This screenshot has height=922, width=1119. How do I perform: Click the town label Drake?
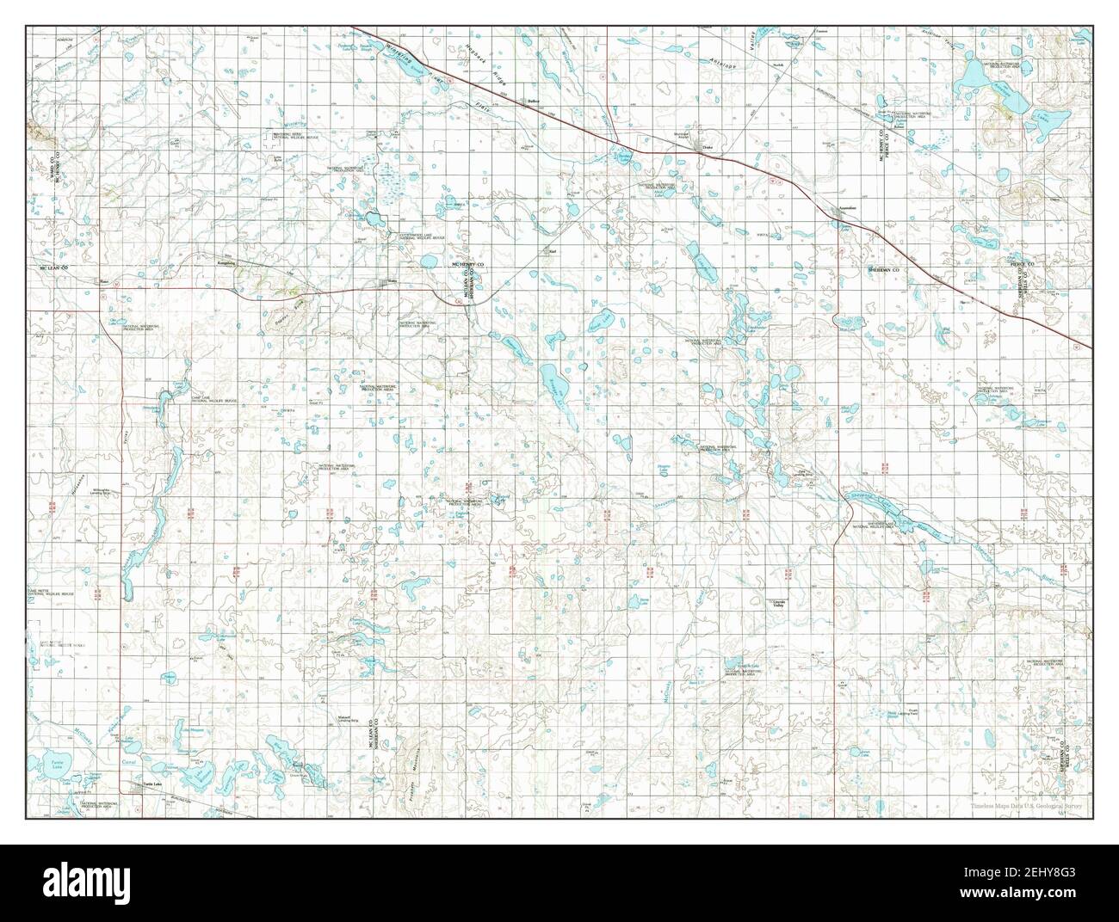pyautogui.click(x=708, y=148)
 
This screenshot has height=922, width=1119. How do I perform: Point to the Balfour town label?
pyautogui.click(x=533, y=101)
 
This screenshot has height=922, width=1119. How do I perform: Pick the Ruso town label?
pyautogui.click(x=102, y=280)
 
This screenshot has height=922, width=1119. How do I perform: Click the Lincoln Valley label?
pyautogui.click(x=776, y=604)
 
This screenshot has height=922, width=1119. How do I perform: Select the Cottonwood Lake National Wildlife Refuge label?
pyautogui.click(x=422, y=236)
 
